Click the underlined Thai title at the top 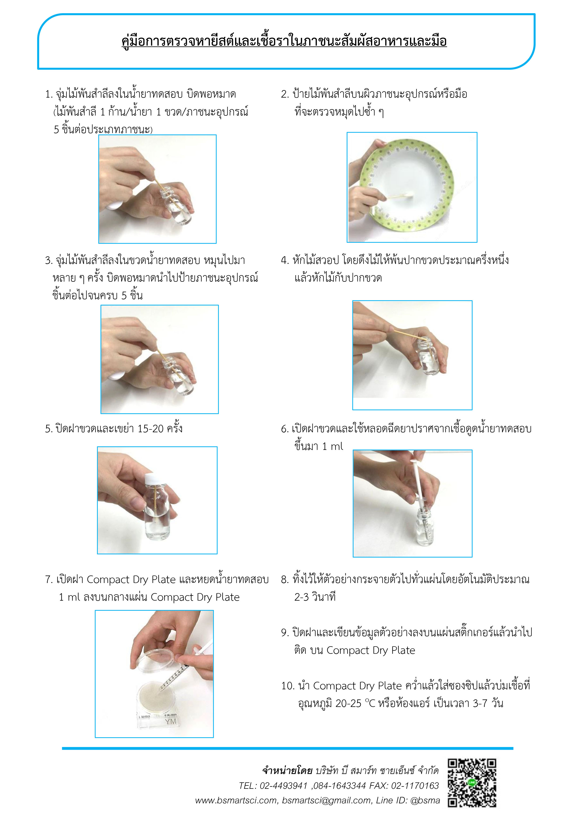pos(284,41)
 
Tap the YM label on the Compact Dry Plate pos(171,721)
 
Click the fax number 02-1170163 pos(415,785)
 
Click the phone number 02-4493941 pos(284,785)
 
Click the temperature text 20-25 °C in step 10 pos(355,703)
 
